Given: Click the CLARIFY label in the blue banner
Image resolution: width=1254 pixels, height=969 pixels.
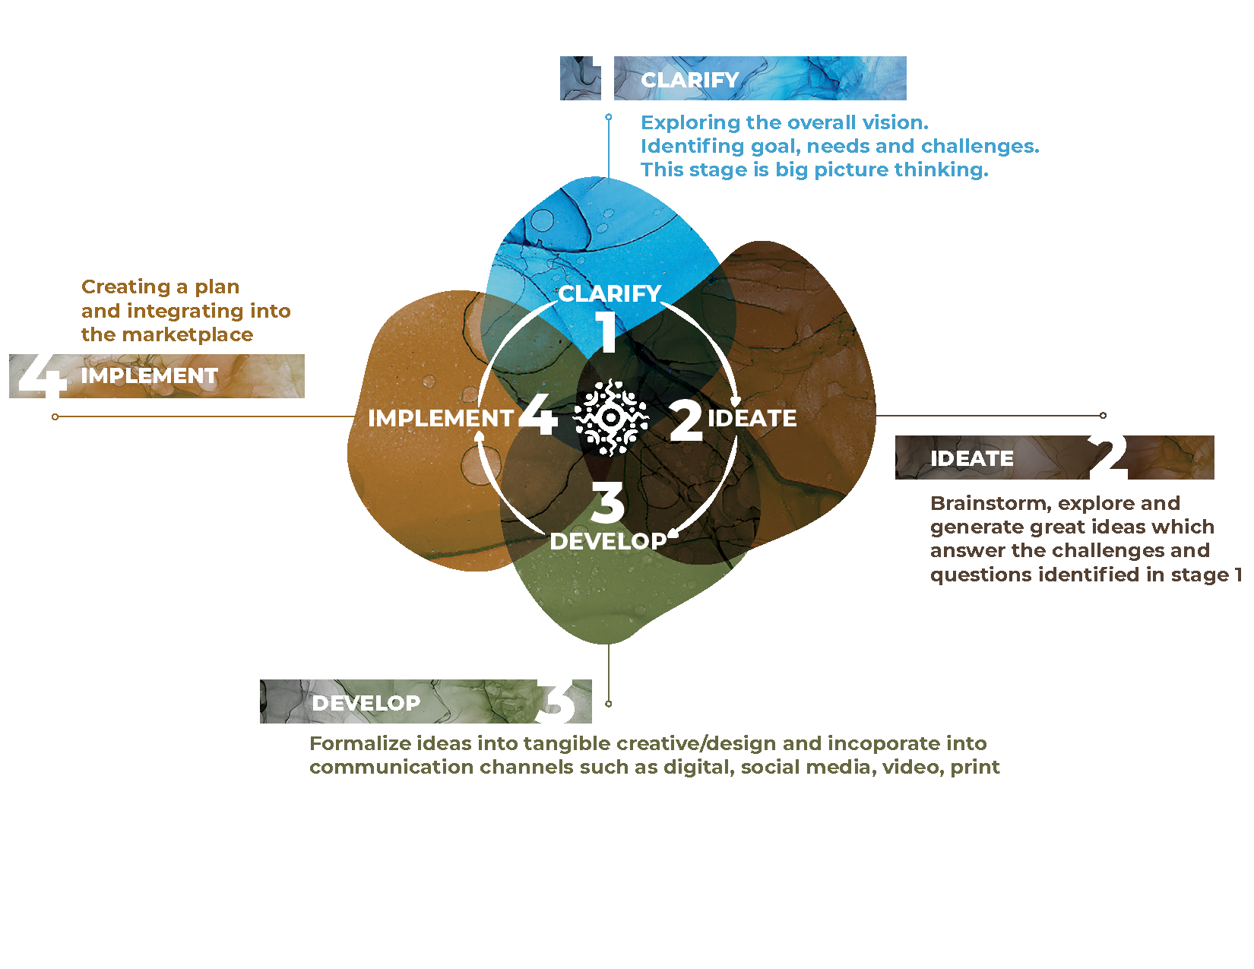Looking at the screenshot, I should coord(690,80).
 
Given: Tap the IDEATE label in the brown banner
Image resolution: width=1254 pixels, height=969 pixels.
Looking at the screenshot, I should coord(972,458).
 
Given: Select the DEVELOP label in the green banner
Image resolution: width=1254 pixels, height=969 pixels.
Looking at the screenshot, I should coord(366,703).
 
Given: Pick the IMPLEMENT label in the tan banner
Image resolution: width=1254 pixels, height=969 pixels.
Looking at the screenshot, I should coord(150,375).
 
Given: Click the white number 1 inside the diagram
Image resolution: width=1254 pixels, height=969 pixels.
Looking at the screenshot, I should coord(606,332).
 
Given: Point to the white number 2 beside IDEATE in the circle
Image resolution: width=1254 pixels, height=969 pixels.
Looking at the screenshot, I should coord(686,420).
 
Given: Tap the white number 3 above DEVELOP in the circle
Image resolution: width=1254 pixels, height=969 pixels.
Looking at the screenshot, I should coord(607,503).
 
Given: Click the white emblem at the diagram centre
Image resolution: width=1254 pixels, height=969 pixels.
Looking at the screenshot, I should coord(610,417).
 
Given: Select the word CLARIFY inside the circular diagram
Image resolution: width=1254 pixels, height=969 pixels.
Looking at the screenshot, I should coord(610,293).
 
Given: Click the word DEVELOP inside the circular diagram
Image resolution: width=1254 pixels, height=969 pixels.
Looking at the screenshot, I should coord(608,541).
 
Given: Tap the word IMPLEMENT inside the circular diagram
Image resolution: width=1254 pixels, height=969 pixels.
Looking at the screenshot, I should coord(441,418).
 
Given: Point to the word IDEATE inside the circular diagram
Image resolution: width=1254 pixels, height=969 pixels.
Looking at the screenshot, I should coord(752,418).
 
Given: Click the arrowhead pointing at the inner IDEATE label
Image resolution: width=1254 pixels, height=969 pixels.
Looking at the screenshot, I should coord(735,401).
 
